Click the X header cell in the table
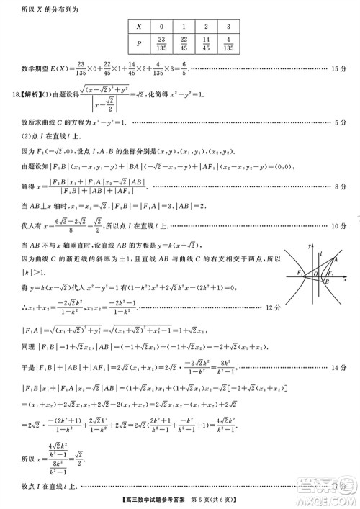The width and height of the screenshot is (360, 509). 139,25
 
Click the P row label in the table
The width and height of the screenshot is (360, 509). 139,44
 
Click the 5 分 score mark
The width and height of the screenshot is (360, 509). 341,124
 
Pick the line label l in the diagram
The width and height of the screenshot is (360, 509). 321,253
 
